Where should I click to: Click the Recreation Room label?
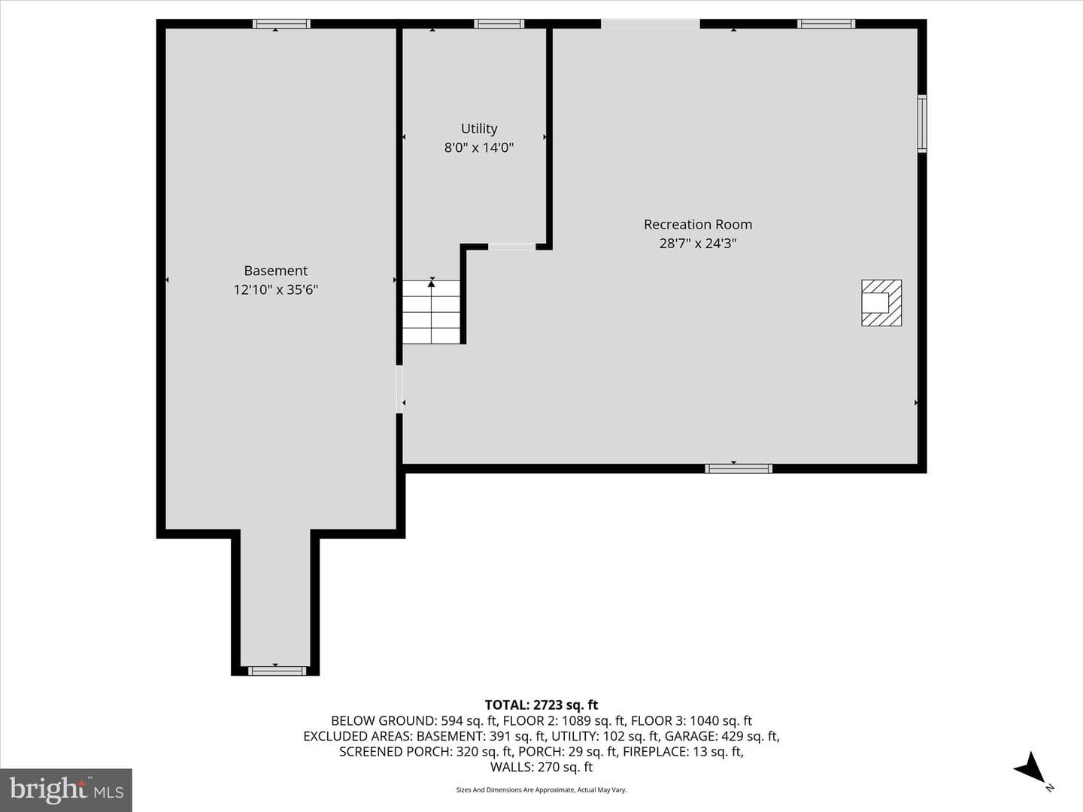click(698, 224)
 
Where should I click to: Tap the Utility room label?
click(478, 129)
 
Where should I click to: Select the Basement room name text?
click(275, 271)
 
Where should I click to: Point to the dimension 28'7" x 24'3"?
click(698, 244)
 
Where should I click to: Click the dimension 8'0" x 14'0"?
click(478, 147)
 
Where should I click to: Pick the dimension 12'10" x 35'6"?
click(275, 289)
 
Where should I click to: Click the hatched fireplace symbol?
click(881, 303)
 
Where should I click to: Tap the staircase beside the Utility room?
click(431, 312)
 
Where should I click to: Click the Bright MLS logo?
click(66, 789)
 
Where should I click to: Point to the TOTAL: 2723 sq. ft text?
click(541, 705)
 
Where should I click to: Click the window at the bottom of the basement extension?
click(277, 671)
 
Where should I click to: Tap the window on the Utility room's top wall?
click(499, 23)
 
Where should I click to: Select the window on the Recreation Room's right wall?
click(921, 123)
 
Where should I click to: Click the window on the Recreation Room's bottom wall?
click(739, 468)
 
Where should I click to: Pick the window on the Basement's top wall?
click(281, 23)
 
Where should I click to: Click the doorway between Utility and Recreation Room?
click(511, 247)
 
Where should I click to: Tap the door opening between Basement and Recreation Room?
click(399, 389)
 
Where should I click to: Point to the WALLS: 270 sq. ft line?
click(541, 767)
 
